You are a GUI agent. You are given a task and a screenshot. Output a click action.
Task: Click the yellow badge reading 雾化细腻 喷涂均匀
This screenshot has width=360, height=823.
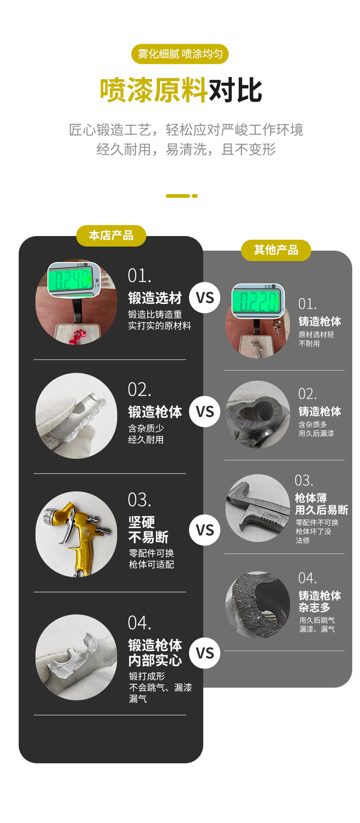[x=180, y=54]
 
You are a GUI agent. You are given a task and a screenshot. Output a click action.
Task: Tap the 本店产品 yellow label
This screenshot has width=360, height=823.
[x=111, y=236]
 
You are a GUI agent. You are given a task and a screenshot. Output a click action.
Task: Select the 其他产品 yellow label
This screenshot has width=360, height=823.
[x=276, y=250]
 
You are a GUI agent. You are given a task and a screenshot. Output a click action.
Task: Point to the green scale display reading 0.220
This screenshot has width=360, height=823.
[x=257, y=301]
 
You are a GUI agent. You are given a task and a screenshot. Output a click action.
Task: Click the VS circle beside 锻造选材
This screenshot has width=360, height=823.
[x=205, y=298]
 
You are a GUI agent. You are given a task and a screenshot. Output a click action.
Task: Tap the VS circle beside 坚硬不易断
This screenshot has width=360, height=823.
[x=205, y=530]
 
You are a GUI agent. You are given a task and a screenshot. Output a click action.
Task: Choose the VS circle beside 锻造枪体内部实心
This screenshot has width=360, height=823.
[x=205, y=653]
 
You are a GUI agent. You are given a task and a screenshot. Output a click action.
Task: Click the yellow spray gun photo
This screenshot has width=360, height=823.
[x=76, y=534]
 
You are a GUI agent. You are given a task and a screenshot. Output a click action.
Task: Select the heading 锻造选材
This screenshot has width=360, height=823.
[x=155, y=298]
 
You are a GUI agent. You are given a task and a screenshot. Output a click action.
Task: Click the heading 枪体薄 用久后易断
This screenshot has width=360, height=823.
[x=321, y=504]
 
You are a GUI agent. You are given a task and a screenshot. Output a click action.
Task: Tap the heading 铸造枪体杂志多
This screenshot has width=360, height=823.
[x=319, y=602]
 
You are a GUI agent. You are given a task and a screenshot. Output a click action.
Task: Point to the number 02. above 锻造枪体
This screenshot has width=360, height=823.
[x=139, y=390]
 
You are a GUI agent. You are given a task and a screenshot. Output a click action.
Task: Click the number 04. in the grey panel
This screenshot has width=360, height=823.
[x=307, y=578]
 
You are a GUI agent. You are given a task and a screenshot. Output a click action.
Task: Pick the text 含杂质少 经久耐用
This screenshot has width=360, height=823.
[x=146, y=434]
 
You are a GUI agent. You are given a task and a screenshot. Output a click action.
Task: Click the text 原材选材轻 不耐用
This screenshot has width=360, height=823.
[x=316, y=339]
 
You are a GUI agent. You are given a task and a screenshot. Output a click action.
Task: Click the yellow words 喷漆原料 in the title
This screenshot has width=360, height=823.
[x=154, y=90]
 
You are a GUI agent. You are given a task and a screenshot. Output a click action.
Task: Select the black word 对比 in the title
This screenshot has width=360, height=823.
[x=235, y=90]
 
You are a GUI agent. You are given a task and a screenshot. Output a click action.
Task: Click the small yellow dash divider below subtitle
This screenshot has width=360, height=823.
[x=181, y=196]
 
